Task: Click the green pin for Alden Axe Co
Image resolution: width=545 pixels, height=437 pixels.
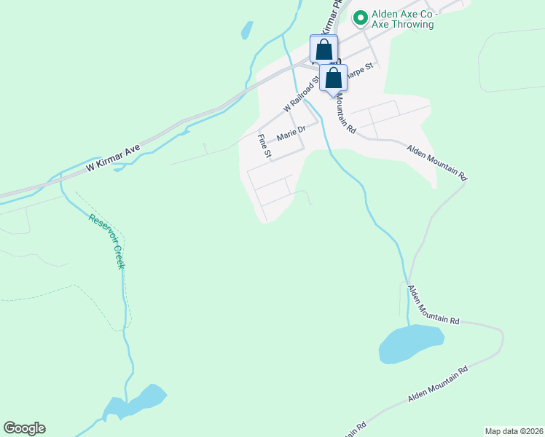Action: click(x=359, y=16)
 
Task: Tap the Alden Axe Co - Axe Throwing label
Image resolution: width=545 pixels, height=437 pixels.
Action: click(x=403, y=19)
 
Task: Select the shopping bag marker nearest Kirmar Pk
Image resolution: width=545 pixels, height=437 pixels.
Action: click(x=324, y=50)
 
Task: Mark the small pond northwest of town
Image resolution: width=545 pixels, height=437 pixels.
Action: click(x=247, y=30)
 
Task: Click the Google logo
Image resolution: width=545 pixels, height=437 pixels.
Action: click(x=24, y=428)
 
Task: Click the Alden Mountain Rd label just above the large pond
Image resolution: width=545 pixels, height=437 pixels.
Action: click(x=433, y=305)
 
